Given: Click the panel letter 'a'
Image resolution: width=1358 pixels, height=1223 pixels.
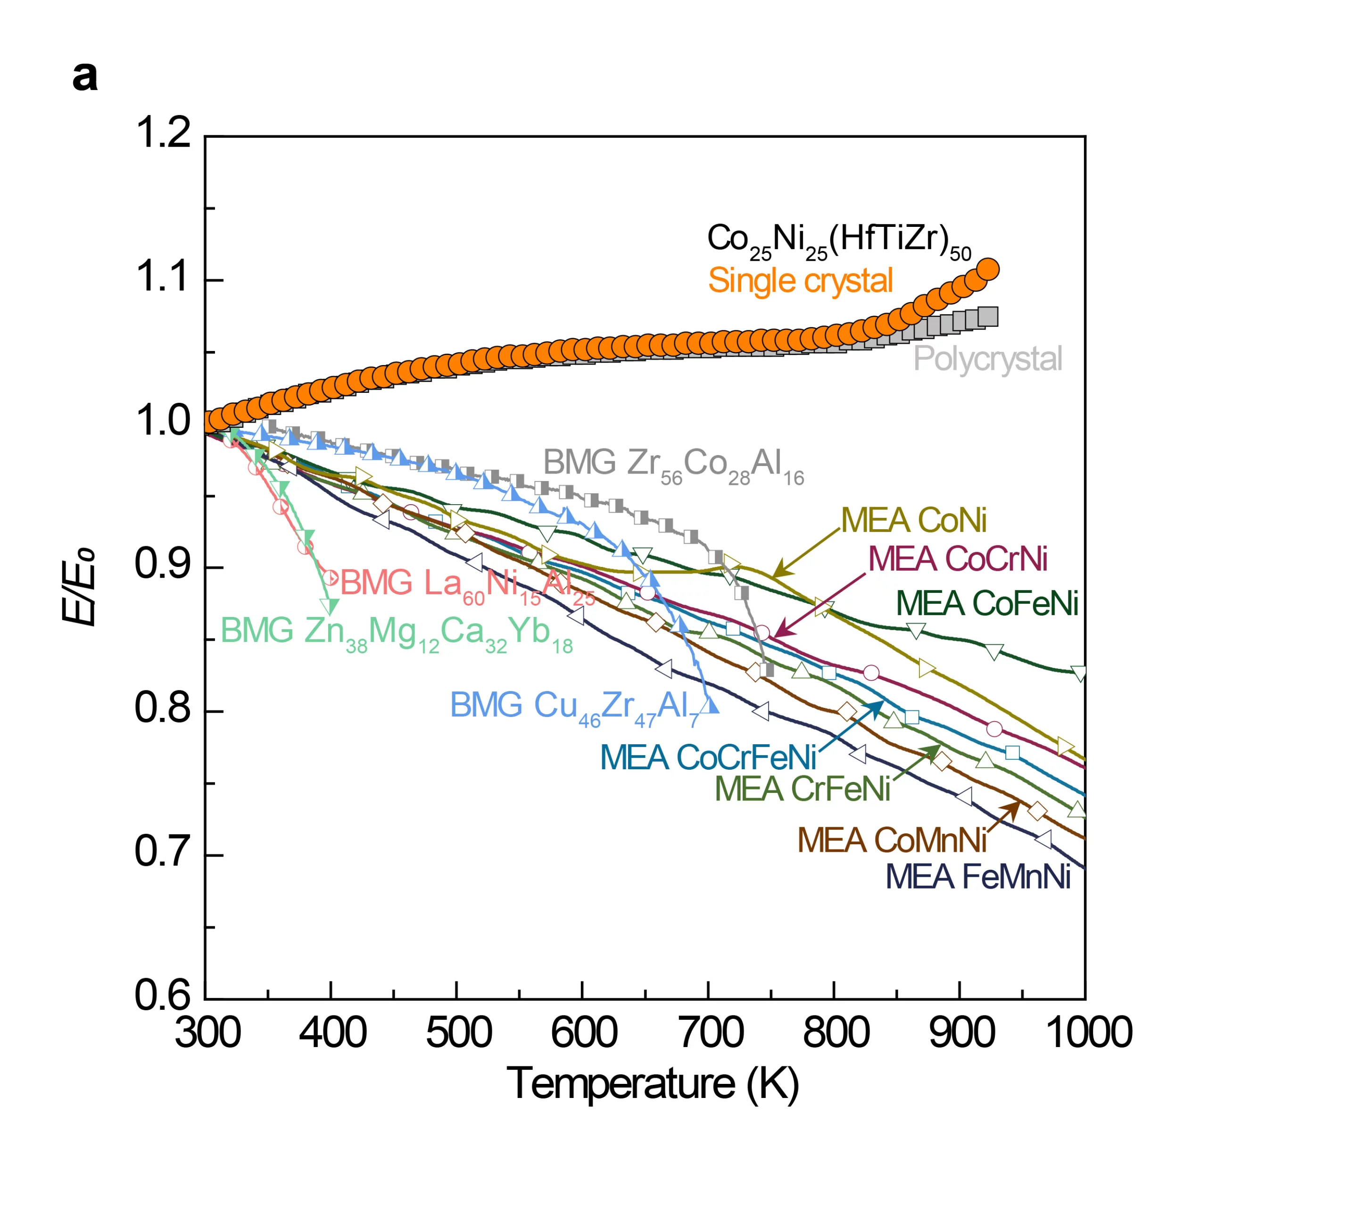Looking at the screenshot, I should click(x=85, y=76).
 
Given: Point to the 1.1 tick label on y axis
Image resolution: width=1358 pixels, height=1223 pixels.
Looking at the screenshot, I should click(x=163, y=277).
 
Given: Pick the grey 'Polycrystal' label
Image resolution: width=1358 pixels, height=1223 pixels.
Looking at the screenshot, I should click(x=987, y=359).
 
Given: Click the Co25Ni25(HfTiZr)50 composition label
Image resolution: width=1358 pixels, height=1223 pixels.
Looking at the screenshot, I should click(x=838, y=241).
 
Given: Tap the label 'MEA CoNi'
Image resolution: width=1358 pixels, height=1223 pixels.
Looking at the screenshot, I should click(x=914, y=519).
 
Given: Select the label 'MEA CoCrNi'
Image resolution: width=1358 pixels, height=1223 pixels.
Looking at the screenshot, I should click(x=957, y=559).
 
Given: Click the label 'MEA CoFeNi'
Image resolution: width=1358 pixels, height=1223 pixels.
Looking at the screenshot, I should click(x=986, y=603).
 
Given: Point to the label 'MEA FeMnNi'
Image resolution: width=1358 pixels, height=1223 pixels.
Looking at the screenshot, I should click(x=977, y=877).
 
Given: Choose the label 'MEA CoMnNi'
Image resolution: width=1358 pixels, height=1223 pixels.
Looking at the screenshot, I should click(x=892, y=840).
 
